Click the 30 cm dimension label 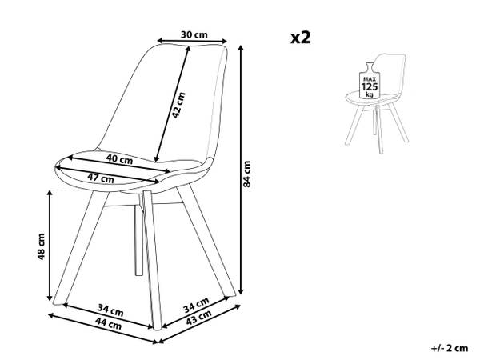pos(194,34)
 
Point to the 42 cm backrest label pos(178,105)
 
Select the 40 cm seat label pos(119,159)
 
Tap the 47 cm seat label pos(101,178)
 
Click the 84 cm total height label pos(246,174)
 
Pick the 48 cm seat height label pos(41,246)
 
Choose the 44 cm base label pos(108,323)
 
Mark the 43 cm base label pos(198,317)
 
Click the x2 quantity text pos(301,38)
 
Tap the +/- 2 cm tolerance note pos(450,348)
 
